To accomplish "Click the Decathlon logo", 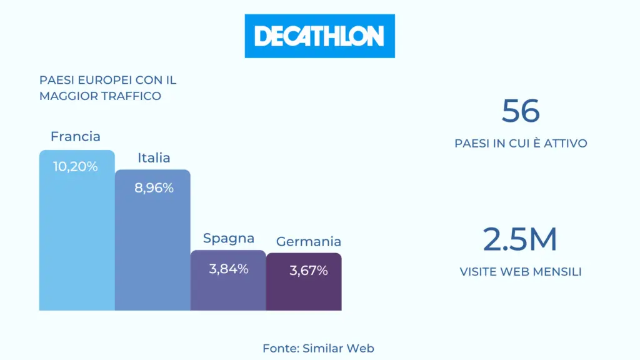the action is click(319, 36).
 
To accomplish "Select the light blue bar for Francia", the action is click(77, 230).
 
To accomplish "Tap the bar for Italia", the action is click(152, 240).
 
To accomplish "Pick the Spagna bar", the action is click(228, 281).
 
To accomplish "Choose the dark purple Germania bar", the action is click(304, 282).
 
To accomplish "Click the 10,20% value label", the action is click(76, 166).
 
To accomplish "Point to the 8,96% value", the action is click(154, 187).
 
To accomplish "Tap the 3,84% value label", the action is click(229, 269).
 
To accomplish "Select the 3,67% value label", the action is click(309, 271).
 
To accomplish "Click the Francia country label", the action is click(76, 136).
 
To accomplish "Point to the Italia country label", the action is click(154, 157).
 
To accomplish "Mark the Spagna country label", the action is click(229, 238).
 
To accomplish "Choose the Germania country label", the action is click(309, 242).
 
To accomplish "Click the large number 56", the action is click(521, 111).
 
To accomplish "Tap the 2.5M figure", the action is click(520, 239).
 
